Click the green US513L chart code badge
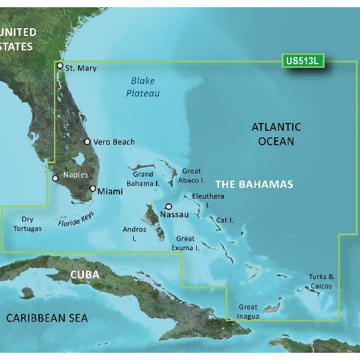pos(302,61)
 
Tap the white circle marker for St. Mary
pos(59,66)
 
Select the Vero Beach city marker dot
pos(88,142)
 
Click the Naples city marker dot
pos(55,178)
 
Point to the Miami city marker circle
pos(92,188)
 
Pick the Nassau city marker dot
pos(160,206)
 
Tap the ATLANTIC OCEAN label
pos(276,134)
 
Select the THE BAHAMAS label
pos(254,184)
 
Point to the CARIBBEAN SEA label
pos(47,318)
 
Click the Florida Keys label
pos(77,218)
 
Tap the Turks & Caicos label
pos(322,281)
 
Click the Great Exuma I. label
pos(187,243)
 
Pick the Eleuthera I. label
pos(208,200)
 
